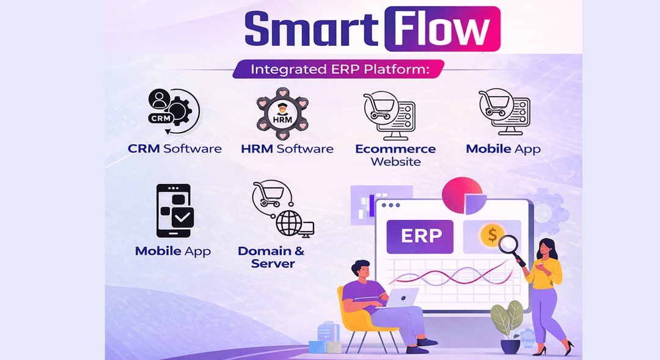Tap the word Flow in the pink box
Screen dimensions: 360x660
click(x=442, y=29)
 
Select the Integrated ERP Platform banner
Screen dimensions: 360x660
click(x=339, y=68)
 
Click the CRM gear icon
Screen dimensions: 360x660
click(x=174, y=111)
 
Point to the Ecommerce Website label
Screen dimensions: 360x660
click(x=395, y=155)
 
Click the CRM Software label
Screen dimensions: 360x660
click(x=175, y=149)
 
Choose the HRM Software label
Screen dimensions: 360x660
click(x=287, y=149)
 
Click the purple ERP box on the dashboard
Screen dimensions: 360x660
click(x=420, y=236)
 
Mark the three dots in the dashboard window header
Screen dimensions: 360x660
click(x=391, y=205)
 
